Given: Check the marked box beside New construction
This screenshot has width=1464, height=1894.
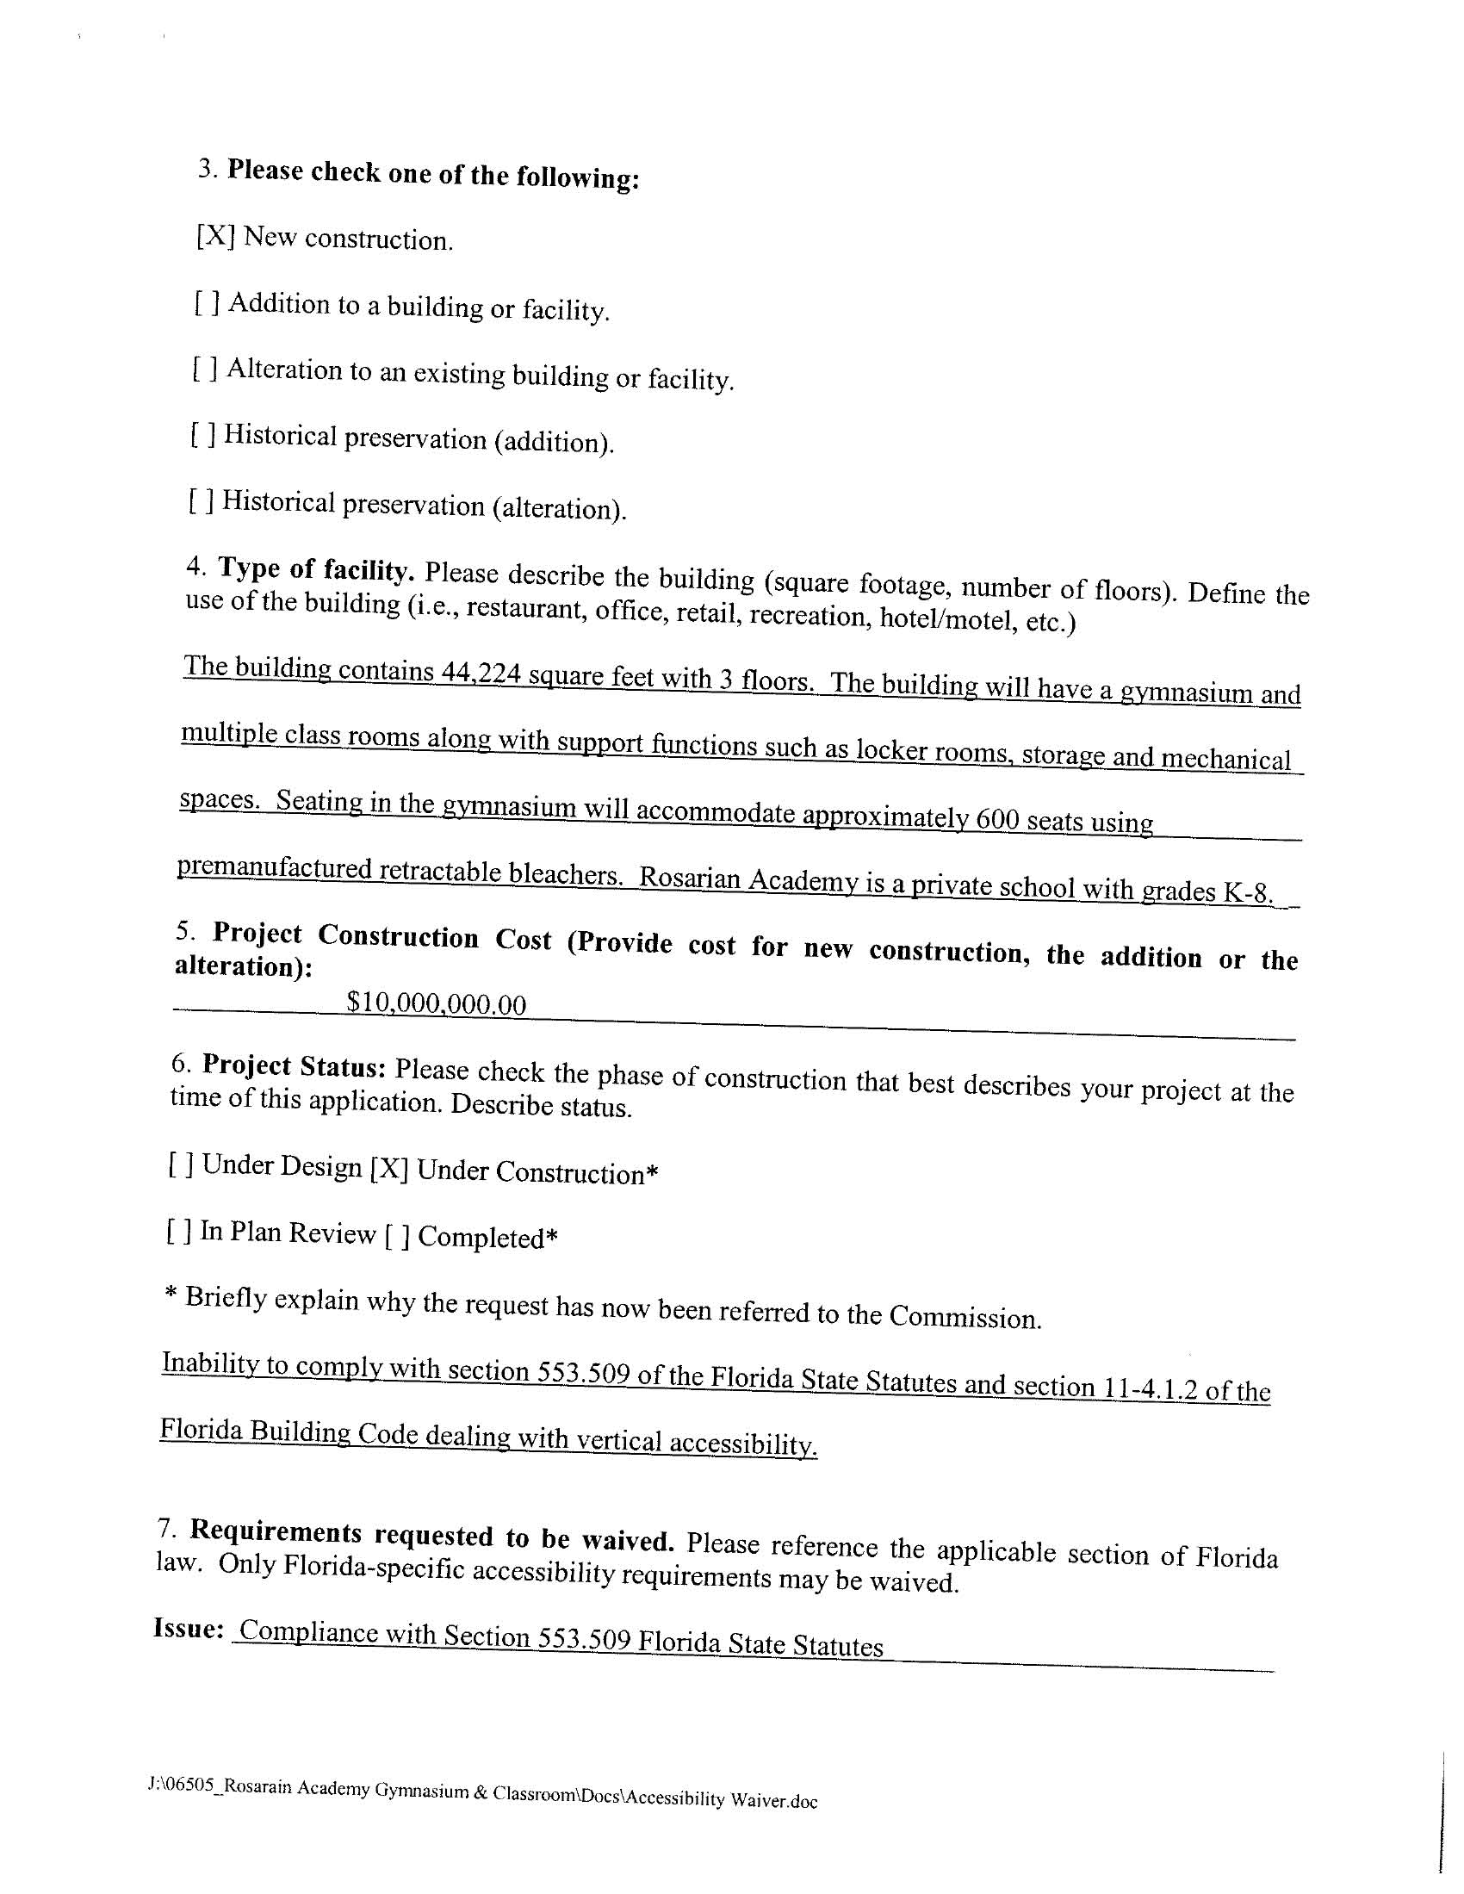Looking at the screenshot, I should (215, 236).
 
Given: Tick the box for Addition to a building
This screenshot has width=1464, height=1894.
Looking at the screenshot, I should (208, 302).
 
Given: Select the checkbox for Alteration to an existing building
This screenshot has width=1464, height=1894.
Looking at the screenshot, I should (205, 369).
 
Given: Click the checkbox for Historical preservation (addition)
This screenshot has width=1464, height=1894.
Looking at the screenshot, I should (203, 434).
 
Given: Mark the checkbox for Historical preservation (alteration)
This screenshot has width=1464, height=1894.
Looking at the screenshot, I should (201, 501).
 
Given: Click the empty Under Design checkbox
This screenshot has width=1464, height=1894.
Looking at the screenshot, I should (181, 1164).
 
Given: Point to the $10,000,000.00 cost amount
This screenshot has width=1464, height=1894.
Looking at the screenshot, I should (437, 1003).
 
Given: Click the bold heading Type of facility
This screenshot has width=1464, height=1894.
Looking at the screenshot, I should (317, 570).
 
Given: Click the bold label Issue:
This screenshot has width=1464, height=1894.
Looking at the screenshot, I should (189, 1628).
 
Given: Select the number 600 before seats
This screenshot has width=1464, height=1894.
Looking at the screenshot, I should (996, 818).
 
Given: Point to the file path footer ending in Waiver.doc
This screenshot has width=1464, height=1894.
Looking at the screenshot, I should (483, 1794).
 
